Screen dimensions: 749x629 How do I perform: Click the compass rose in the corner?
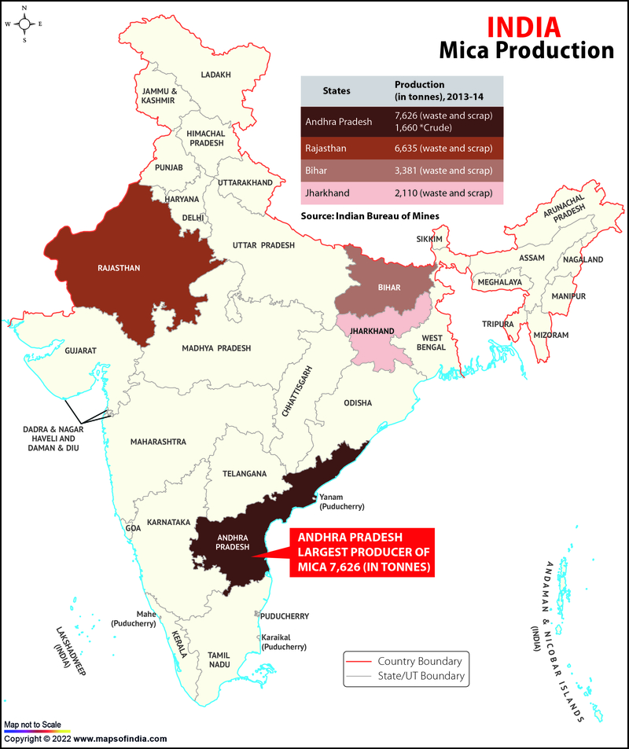point(24,24)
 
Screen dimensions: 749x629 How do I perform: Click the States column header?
point(337,90)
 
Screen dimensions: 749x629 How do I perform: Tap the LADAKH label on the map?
point(216,75)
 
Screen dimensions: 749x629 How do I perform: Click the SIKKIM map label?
point(431,239)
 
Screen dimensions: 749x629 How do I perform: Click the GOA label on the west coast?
point(133,528)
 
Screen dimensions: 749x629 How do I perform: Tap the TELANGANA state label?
point(245,474)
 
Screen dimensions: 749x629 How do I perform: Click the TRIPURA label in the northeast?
point(498,324)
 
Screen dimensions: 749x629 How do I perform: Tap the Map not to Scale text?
point(31,724)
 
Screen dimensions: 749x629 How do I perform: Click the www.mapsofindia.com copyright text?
point(85,739)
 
